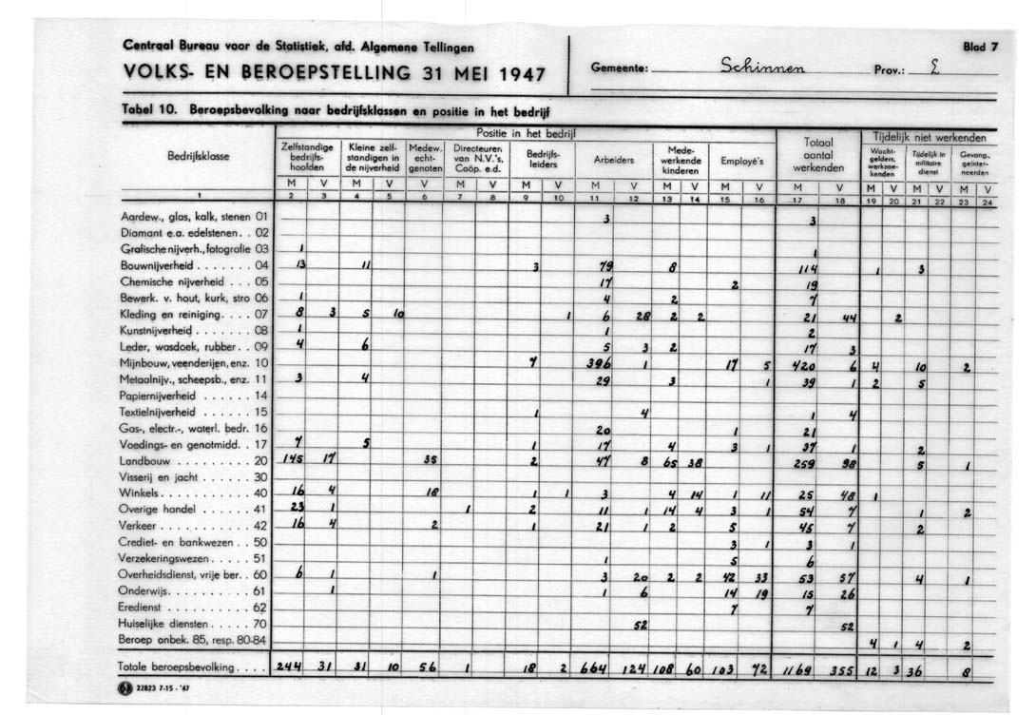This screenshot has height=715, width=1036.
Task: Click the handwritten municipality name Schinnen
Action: click(x=763, y=66)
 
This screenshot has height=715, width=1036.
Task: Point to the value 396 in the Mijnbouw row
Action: click(x=599, y=363)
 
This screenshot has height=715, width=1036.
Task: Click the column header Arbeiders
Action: click(x=613, y=160)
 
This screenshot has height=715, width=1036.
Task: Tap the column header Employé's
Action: click(x=741, y=160)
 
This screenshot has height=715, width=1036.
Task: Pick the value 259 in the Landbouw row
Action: click(x=805, y=462)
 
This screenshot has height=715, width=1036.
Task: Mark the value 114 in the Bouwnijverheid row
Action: click(x=808, y=269)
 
